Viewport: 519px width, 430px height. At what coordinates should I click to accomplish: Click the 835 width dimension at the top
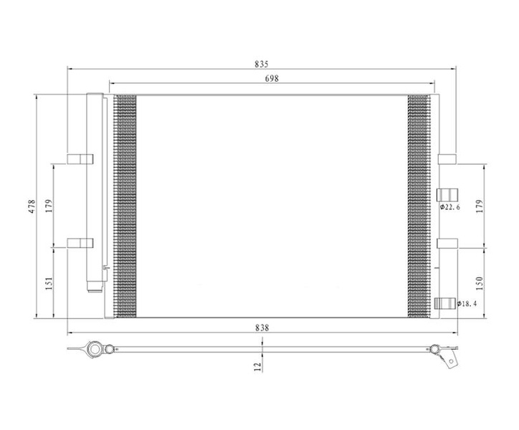coord(262,64)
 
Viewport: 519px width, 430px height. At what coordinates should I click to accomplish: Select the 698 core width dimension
coord(272,78)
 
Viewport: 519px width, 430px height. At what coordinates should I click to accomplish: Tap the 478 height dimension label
coord(32,206)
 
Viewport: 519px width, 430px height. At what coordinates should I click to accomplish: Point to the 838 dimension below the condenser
coord(262,328)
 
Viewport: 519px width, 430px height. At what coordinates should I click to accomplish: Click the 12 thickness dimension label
coord(258,366)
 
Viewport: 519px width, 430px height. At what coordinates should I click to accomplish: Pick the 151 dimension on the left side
coord(49,284)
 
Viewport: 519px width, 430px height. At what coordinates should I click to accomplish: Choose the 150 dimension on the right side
coord(480,283)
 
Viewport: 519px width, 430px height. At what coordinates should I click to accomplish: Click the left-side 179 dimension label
coord(49,206)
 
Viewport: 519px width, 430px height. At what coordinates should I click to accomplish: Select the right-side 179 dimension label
coord(480,206)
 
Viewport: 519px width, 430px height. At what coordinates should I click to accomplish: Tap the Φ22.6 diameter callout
coord(449,207)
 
